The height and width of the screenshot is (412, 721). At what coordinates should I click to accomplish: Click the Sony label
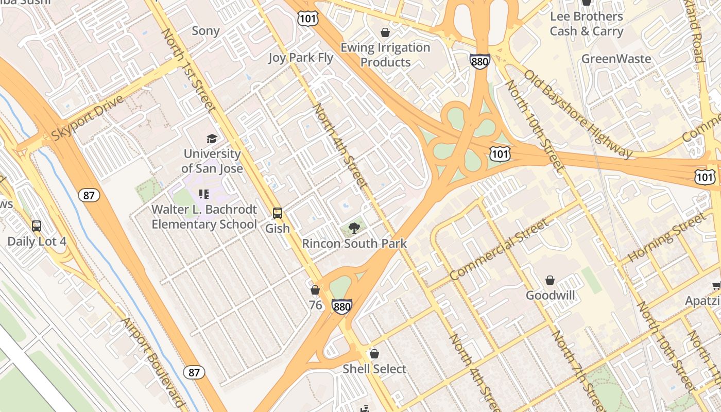click(x=205, y=31)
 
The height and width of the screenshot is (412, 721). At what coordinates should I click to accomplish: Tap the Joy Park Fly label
click(x=301, y=58)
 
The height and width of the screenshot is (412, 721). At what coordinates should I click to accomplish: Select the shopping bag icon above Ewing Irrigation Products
click(x=385, y=33)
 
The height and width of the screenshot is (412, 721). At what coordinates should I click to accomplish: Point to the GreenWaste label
click(x=616, y=59)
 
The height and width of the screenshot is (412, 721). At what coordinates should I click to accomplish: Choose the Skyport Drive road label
click(x=88, y=117)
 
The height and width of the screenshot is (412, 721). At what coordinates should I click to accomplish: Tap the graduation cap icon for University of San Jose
click(x=212, y=139)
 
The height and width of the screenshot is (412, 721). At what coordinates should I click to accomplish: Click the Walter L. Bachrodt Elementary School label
click(x=204, y=217)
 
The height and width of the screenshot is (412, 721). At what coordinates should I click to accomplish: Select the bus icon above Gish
click(x=278, y=213)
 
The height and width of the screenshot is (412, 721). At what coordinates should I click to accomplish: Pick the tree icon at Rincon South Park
click(x=354, y=228)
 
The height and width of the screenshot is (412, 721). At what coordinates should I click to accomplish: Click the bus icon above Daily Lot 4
click(x=37, y=226)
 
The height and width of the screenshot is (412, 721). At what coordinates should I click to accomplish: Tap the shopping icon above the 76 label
click(x=315, y=290)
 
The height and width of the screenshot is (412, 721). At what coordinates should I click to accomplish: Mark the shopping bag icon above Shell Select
click(x=374, y=354)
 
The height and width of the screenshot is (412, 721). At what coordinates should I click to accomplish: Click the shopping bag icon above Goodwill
click(x=550, y=281)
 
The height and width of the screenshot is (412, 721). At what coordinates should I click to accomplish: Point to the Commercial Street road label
click(x=499, y=250)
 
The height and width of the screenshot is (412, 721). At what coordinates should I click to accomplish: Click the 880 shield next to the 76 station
click(x=341, y=306)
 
